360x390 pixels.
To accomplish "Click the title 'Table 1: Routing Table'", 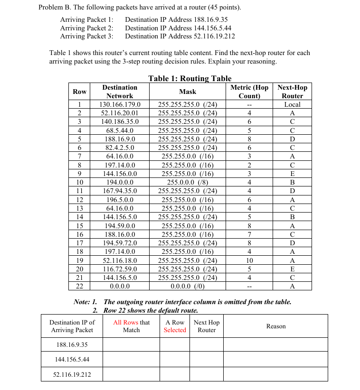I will pos(189,78).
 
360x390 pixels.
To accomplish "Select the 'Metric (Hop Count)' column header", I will pos(249,92).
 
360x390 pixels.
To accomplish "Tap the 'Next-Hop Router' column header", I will pos(292,92).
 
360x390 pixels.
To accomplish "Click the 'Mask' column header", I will pos(188,92).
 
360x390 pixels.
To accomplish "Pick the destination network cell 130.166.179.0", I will pos(120,104).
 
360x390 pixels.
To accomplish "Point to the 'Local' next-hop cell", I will pos(292,104).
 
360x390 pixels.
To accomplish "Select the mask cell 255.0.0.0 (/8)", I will pos(188,182).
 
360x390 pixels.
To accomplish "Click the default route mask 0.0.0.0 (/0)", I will pos(188,286).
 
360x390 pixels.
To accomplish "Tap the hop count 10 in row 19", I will pos(249,260).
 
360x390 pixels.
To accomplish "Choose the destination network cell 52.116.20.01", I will pos(120,113).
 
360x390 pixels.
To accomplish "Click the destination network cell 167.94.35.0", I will pos(120,191).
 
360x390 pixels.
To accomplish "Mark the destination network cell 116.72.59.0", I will pos(120,269).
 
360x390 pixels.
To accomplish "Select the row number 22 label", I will pos(80,286).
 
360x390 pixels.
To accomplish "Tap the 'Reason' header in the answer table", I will pos(276,326).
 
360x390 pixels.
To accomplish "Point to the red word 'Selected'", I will pos(175,330).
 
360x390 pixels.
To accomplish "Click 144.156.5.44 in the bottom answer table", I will pos(72,359).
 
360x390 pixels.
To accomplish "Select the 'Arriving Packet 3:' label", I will pos(86,36).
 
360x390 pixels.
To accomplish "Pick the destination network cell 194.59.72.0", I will pos(120,243).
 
